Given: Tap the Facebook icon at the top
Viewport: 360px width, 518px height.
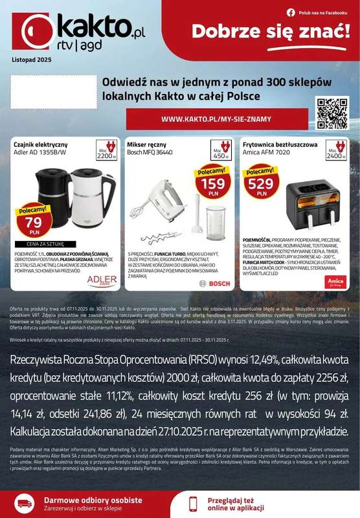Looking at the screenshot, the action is [291, 12].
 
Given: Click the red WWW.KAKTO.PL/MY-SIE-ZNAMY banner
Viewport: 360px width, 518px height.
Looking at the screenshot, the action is [216, 119].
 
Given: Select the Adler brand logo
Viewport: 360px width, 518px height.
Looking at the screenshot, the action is [101, 280].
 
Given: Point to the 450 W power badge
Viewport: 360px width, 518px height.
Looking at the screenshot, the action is [222, 150].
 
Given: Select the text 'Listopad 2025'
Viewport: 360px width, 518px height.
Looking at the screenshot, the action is [30, 60].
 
